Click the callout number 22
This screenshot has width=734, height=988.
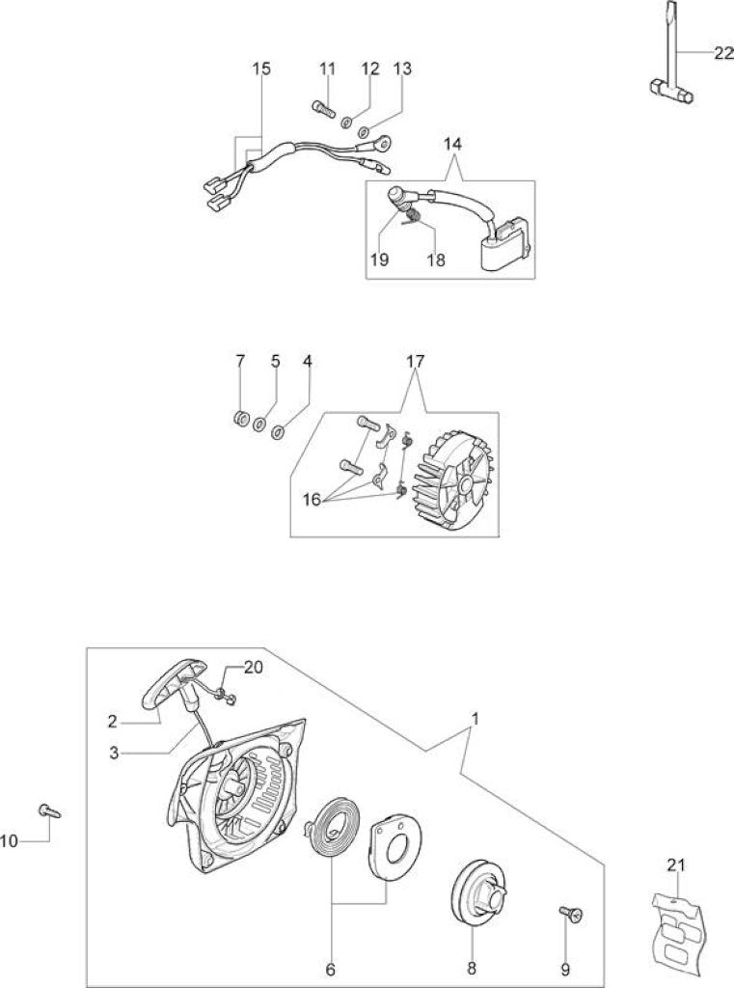click(724, 54)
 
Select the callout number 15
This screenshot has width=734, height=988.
click(261, 69)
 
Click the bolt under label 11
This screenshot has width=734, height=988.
click(322, 109)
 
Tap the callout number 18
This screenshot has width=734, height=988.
click(435, 260)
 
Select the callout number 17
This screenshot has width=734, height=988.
click(415, 362)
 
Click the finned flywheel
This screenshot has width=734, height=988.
click(452, 479)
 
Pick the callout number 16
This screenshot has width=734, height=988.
click(312, 500)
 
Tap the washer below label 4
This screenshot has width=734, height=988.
click(278, 432)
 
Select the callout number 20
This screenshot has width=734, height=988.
click(254, 667)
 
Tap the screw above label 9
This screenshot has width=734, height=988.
click(570, 913)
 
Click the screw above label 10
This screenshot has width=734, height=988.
click(50, 810)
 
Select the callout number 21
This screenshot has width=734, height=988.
click(675, 865)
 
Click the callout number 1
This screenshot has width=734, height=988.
click(476, 718)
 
